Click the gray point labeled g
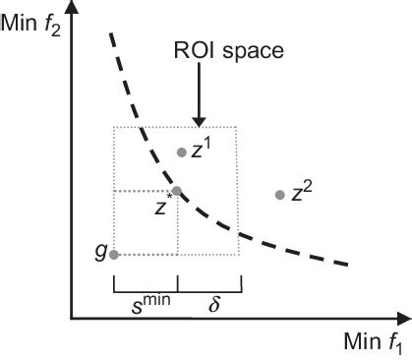coord(114,255)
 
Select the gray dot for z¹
coord(181,151)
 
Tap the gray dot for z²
coord(280,195)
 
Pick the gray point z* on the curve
coord(177,191)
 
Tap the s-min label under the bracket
coord(145,300)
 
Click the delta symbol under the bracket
coord(212,300)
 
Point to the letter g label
coord(100,252)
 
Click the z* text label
coord(163,207)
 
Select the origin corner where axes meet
coord(72,319)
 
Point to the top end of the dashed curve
coord(110,35)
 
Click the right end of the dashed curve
coord(349,263)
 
